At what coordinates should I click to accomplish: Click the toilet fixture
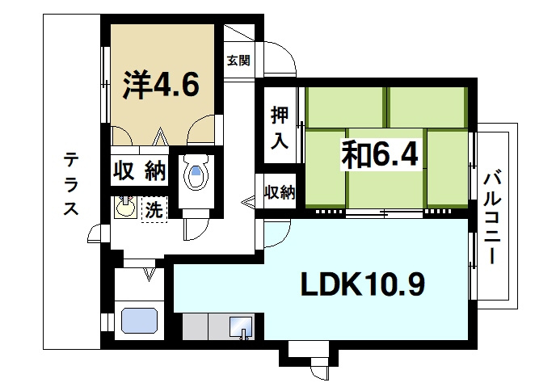(196, 172)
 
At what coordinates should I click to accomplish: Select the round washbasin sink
(125, 208)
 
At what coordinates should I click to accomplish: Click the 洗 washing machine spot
(153, 210)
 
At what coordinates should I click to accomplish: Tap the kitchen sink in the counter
(240, 327)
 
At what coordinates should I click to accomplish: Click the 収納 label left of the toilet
(139, 171)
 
